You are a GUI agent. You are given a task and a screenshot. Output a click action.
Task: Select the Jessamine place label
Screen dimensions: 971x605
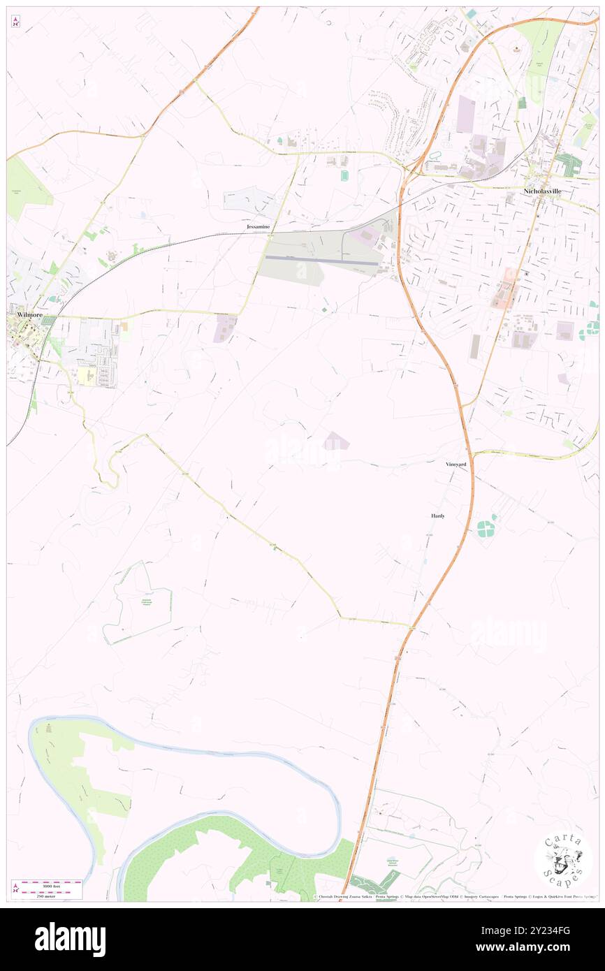point(258,227)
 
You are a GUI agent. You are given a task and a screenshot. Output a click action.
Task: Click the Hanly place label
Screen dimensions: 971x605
point(437,516)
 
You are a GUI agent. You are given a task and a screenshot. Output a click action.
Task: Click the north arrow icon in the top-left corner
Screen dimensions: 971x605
point(15,22)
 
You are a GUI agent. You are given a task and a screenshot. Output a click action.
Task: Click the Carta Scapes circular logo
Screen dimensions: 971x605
point(563,861)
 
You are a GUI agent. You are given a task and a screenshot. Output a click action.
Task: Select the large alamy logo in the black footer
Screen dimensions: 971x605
point(70,940)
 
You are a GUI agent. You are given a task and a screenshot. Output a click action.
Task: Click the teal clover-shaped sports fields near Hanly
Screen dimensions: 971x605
point(486,525)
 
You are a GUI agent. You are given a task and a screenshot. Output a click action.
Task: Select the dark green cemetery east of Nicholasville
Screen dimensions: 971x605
point(569,163)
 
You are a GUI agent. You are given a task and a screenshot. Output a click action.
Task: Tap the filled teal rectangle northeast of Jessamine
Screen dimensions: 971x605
point(344,175)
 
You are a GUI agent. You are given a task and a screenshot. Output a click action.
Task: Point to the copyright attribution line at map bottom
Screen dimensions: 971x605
point(455,897)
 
